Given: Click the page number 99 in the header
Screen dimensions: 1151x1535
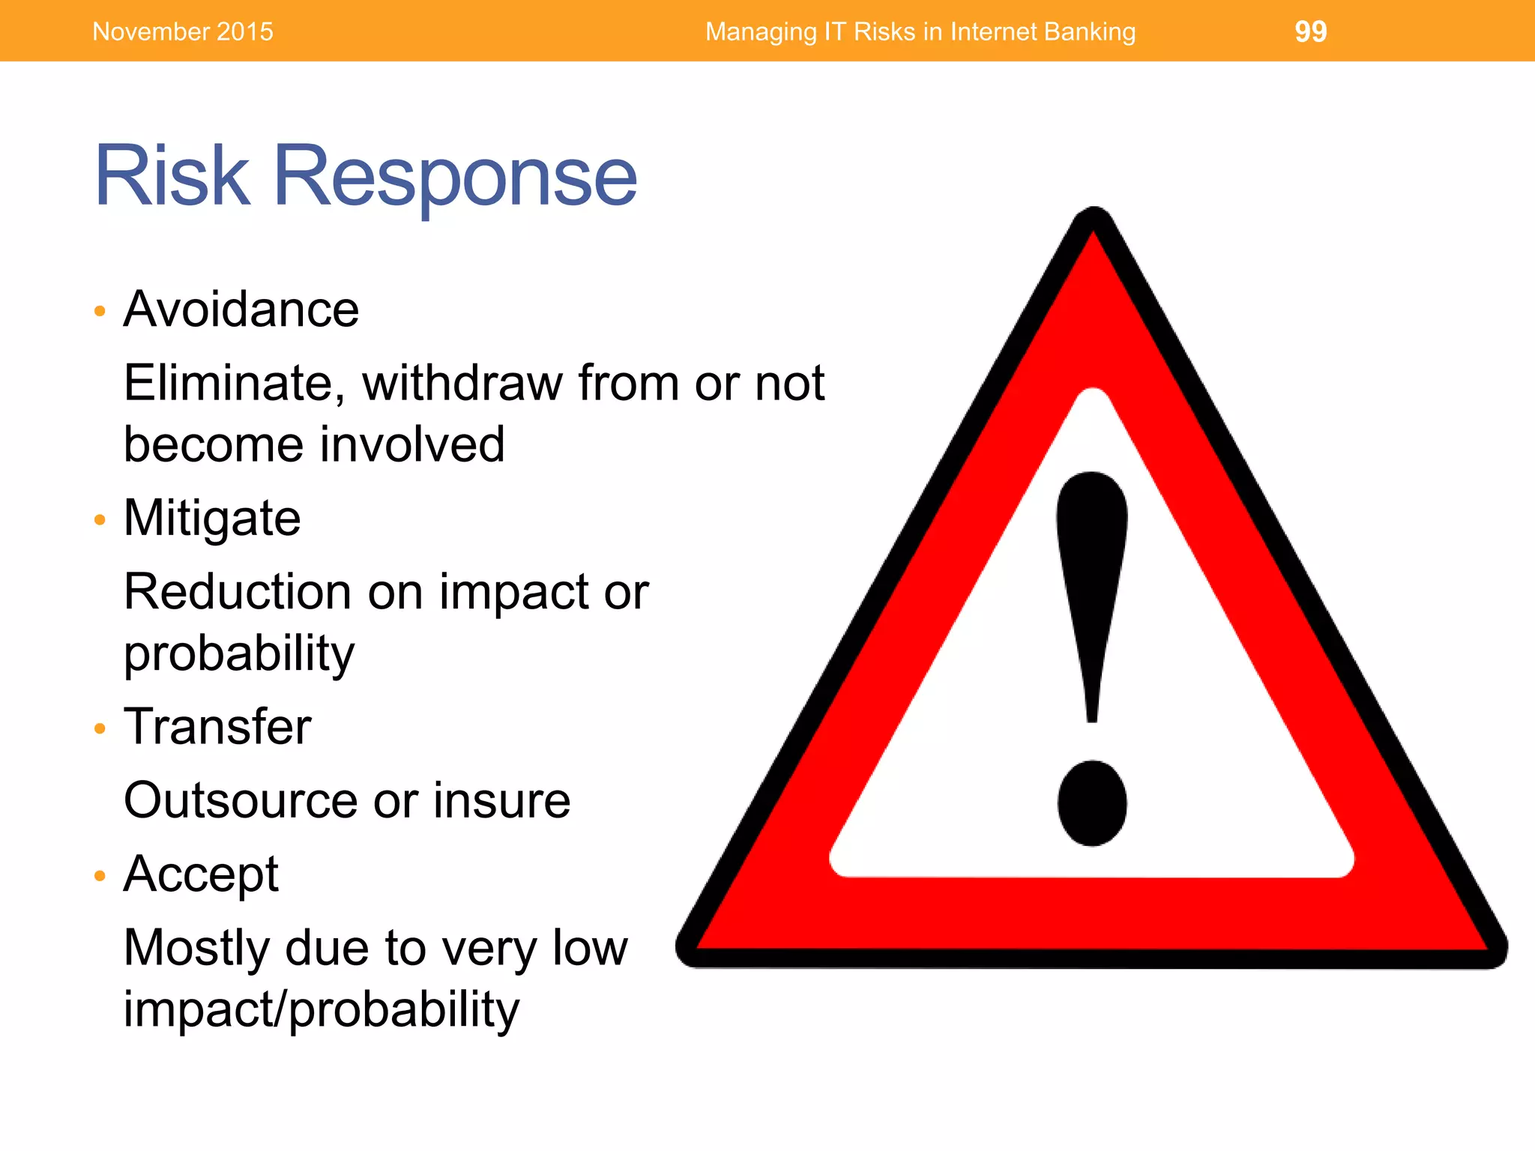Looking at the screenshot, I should pos(1310,31).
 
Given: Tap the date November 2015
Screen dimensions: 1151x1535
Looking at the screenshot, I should pos(183,31).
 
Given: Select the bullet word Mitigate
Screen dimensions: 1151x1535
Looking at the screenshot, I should pos(212,519).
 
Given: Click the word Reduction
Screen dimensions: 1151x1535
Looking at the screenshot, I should pos(238,592).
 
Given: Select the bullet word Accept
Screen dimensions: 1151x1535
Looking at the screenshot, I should pos(201,874).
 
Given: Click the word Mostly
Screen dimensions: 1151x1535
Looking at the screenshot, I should pos(196,949).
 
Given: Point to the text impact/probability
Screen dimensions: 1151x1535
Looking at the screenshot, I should pos(322,1010).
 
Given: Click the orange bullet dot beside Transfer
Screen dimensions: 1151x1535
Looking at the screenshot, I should pos(100,728).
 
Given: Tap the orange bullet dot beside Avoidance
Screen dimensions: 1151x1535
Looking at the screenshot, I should pos(100,311).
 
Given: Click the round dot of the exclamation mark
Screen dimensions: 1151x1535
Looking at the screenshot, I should pos(1092,803).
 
